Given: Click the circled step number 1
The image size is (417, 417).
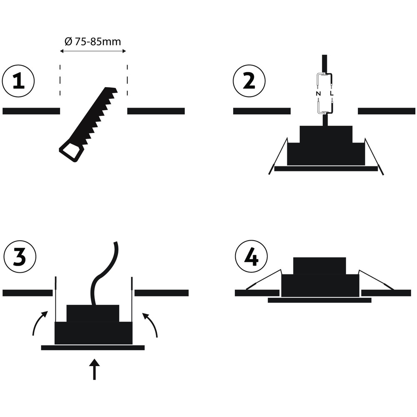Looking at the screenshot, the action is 18,80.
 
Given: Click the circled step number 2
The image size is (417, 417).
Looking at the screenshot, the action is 249,80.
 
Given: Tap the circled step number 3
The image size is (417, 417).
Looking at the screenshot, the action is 20,256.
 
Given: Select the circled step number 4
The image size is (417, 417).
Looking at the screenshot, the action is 251,256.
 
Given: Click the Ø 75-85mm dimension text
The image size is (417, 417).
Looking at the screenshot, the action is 93,41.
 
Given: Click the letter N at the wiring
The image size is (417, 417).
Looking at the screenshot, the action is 318,93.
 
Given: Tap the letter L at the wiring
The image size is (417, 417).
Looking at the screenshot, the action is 332,93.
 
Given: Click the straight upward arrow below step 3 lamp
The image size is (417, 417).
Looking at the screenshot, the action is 94,369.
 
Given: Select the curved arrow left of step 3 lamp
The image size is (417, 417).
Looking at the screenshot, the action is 39,323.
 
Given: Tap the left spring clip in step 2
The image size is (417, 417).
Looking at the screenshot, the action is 278,156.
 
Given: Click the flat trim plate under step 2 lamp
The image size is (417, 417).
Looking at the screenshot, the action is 326,168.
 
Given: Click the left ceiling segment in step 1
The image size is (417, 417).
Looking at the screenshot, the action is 31,111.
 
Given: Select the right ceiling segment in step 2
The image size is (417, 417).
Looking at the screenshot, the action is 387,111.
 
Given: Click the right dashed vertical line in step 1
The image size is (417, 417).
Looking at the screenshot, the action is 127,80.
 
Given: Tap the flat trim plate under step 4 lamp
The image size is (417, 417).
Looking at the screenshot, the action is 319,300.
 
